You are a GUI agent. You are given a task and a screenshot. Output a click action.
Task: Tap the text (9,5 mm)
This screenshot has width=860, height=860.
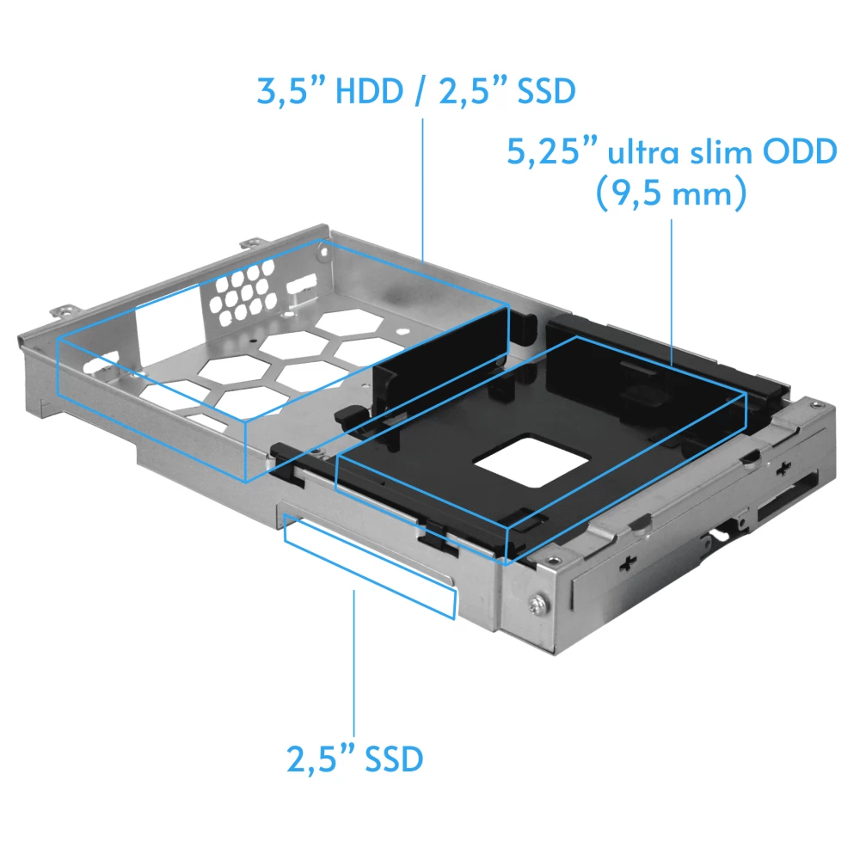tap(671, 194)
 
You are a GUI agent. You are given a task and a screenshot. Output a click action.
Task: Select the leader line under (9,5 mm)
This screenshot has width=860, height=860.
tap(671, 292)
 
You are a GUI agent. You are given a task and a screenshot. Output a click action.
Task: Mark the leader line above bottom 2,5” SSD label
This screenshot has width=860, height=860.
tap(354, 662)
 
